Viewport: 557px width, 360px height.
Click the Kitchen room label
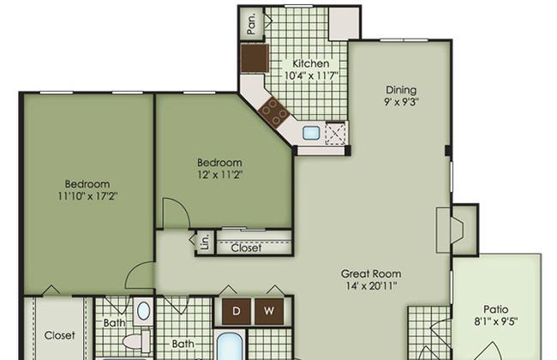[310, 63]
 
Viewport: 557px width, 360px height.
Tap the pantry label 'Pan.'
[251, 24]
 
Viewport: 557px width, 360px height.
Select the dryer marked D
[237, 311]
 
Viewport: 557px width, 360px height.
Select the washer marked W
[269, 311]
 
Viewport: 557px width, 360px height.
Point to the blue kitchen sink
[311, 133]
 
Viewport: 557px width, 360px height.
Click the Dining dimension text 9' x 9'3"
[401, 102]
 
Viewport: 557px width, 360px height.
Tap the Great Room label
[371, 273]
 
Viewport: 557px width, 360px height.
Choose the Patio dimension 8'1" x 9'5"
[495, 322]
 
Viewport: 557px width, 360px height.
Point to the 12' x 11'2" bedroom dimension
[220, 175]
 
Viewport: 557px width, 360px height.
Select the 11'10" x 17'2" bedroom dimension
[87, 195]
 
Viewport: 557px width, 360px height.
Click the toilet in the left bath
[137, 341]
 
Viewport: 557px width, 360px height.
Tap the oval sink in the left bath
[143, 311]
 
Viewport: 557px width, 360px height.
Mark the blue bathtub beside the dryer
[230, 346]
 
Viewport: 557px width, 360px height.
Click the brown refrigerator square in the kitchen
[255, 58]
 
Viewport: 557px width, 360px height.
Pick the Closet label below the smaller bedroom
[246, 248]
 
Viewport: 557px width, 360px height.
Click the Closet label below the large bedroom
[60, 335]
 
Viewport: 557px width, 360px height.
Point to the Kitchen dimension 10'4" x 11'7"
[310, 75]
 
